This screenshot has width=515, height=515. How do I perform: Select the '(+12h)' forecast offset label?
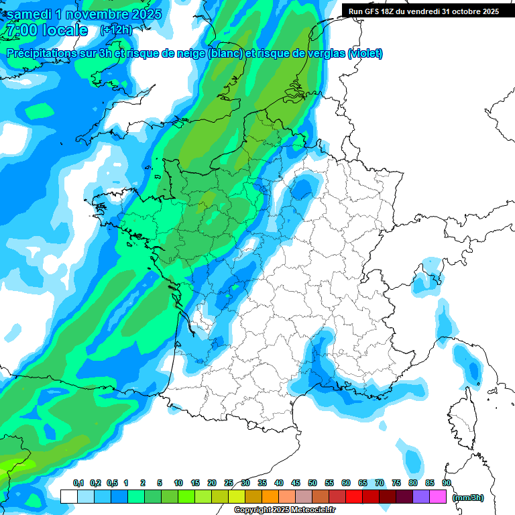(x=116, y=30)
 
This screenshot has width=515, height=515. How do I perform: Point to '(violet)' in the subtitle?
(x=365, y=54)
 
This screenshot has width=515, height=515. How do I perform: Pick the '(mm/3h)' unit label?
(x=467, y=498)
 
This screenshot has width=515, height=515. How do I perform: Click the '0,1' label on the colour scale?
(x=78, y=483)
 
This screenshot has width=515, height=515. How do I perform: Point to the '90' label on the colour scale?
(x=446, y=483)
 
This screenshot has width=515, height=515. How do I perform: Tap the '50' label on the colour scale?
(x=312, y=483)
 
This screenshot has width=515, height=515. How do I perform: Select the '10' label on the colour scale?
(x=178, y=483)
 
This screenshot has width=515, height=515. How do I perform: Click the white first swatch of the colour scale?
(x=68, y=497)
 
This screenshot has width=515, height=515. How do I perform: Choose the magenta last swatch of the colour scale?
(x=438, y=497)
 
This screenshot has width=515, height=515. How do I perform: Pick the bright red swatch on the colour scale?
(x=354, y=497)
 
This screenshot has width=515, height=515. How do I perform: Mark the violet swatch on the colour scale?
(x=421, y=497)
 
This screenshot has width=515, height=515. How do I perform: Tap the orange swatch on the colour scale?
(x=270, y=497)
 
